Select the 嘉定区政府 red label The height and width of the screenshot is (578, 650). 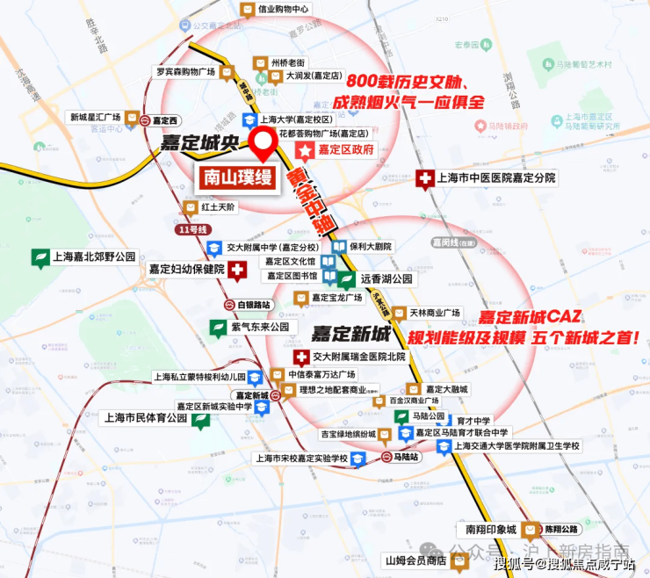coord(345,150)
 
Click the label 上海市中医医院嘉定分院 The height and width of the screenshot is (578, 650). coord(496,178)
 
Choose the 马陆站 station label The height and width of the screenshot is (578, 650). coord(407,457)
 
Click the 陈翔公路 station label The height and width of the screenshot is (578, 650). coord(560,530)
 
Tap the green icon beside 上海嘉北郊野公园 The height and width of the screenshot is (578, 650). coord(40,257)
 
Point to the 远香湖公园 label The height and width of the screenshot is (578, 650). coord(386,278)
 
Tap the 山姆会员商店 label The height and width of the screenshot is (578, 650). coord(415,560)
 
